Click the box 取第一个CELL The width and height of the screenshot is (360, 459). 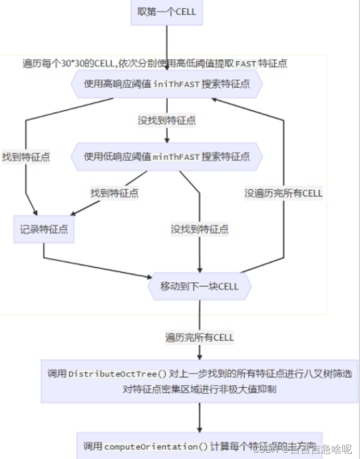pyautogui.click(x=167, y=11)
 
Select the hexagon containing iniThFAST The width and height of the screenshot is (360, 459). pyautogui.click(x=166, y=84)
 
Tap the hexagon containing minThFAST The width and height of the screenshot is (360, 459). pyautogui.click(x=166, y=156)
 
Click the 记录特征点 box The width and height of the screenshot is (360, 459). pyautogui.click(x=44, y=229)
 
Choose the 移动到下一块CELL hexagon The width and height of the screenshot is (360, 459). pyautogui.click(x=199, y=286)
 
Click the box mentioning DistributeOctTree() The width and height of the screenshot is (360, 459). pyautogui.click(x=199, y=381)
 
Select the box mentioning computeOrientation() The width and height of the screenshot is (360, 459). pyautogui.click(x=199, y=445)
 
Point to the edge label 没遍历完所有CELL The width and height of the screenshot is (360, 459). pyautogui.click(x=284, y=193)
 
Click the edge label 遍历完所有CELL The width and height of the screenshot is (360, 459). pyautogui.click(x=199, y=337)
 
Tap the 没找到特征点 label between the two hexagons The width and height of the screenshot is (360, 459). pyautogui.click(x=166, y=120)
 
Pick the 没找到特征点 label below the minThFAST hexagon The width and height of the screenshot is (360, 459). pyautogui.click(x=199, y=229)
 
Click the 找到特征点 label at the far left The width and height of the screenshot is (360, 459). pyautogui.click(x=26, y=156)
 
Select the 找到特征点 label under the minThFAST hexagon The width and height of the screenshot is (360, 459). pyautogui.click(x=114, y=193)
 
